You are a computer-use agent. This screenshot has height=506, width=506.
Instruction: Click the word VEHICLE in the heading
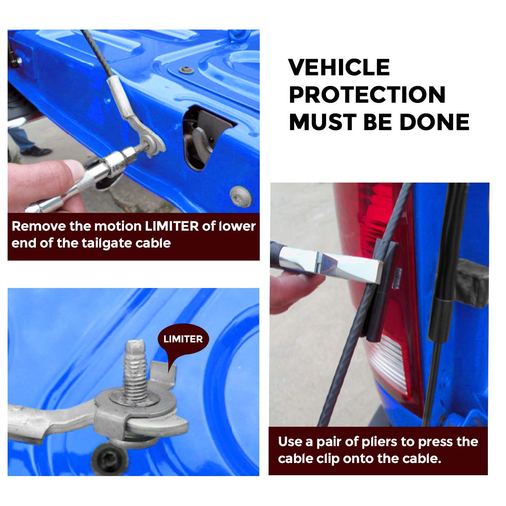(x=339, y=67)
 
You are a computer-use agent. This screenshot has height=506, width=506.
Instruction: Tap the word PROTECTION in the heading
(x=367, y=94)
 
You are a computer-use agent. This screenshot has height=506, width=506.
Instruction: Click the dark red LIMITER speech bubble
(x=183, y=339)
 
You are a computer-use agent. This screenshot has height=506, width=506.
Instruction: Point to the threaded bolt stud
(x=135, y=371)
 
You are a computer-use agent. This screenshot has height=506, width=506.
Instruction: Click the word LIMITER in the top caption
(x=172, y=226)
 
